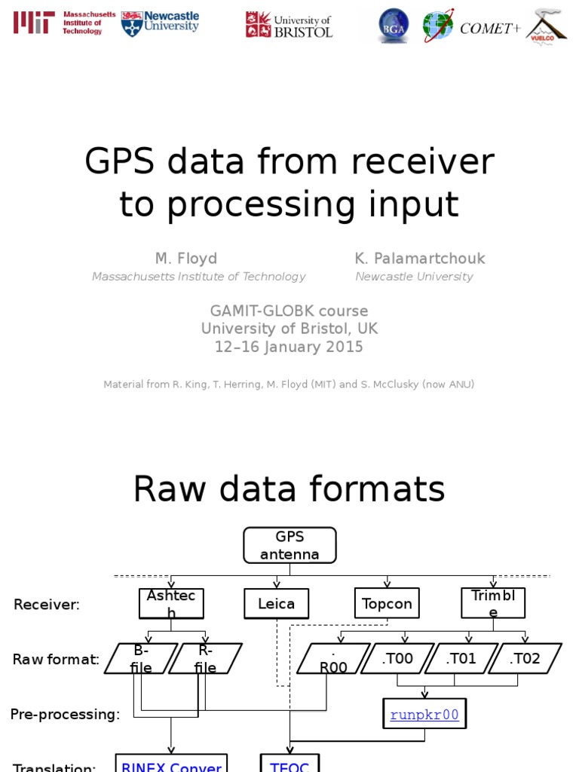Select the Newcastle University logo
[x=160, y=23]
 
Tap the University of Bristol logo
[x=289, y=25]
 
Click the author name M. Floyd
[x=185, y=259]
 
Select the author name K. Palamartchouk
[x=420, y=259]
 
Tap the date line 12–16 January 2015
[x=289, y=347]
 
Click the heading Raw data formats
[x=289, y=490]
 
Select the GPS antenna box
[x=289, y=545]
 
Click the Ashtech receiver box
[x=171, y=603]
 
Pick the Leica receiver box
[x=277, y=603]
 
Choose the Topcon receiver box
[x=387, y=603]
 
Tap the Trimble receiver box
[x=493, y=603]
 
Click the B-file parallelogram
[x=141, y=658]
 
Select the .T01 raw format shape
[x=461, y=658]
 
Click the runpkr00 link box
[x=424, y=714]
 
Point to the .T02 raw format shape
[x=525, y=658]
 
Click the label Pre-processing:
[x=65, y=714]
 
